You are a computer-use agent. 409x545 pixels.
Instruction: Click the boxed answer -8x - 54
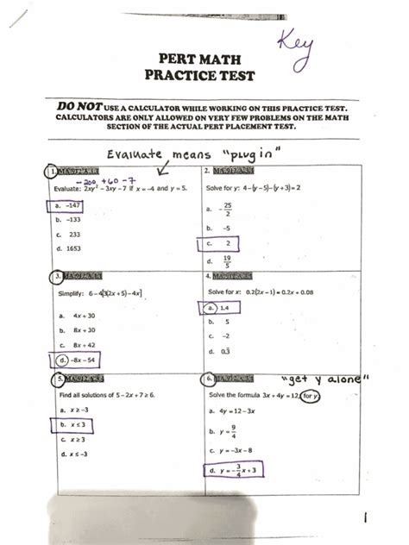tap(79, 358)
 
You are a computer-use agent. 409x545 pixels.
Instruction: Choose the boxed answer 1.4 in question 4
tap(219, 307)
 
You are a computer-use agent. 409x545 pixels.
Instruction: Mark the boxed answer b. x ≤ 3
tap(72, 424)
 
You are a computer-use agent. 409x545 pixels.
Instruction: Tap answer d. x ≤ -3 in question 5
tap(72, 453)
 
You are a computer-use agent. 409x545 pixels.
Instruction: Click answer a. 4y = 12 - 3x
tap(233, 413)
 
